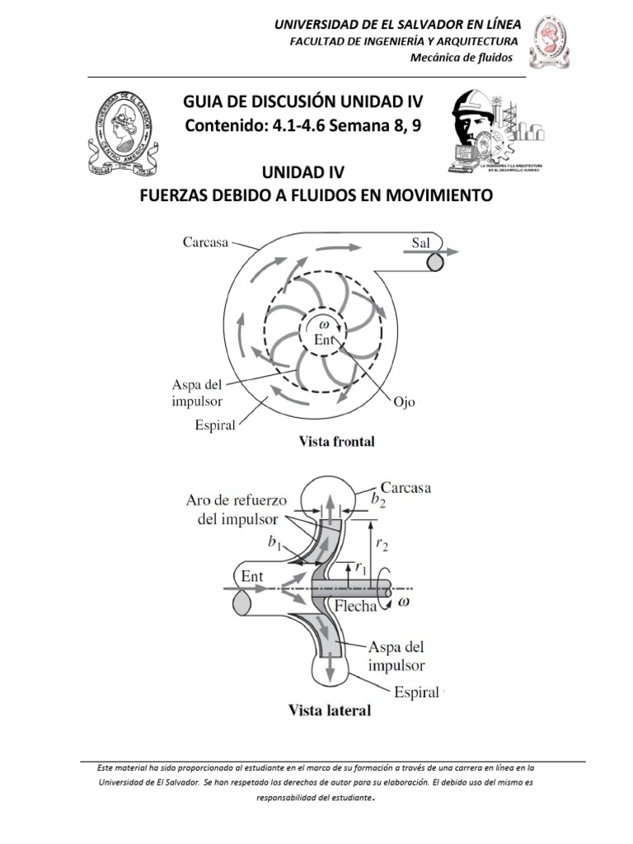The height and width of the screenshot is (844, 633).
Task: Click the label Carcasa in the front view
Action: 204,242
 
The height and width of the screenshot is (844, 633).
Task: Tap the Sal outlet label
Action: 421,241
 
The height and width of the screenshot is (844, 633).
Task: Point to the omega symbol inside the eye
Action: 323,324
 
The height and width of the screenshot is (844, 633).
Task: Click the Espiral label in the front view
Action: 215,425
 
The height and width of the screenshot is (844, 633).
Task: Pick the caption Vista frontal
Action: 335,442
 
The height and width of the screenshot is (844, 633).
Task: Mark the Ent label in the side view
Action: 253,577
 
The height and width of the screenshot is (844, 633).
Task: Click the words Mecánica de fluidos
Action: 462,57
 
